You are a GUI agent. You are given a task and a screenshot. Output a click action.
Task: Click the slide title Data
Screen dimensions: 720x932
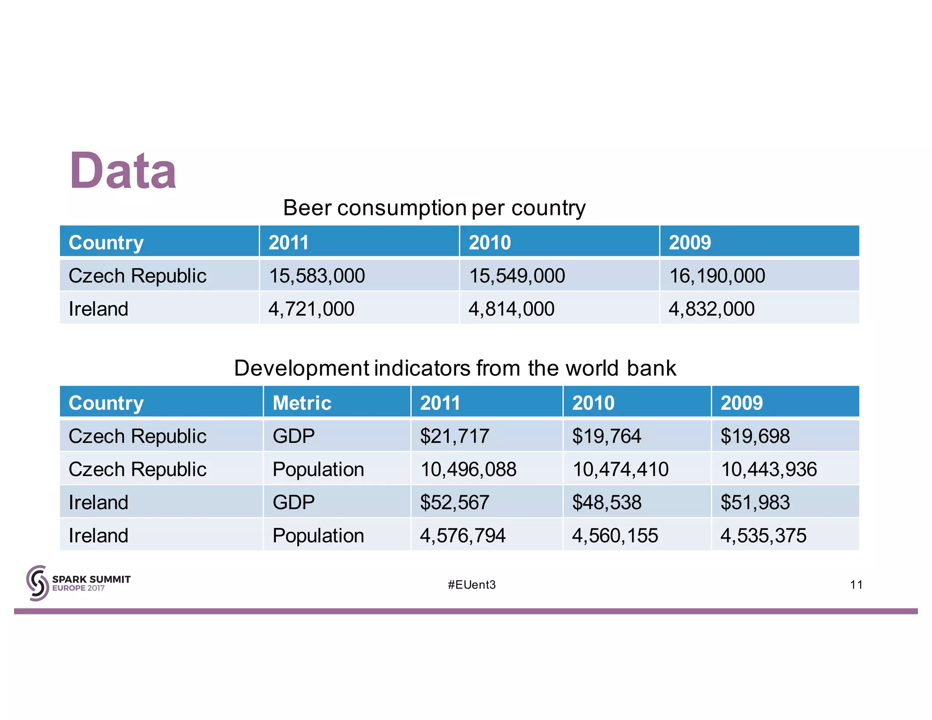[123, 171]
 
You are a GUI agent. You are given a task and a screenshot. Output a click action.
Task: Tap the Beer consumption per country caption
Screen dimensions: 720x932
[434, 208]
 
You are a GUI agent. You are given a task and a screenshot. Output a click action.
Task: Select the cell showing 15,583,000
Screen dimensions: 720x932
[317, 276]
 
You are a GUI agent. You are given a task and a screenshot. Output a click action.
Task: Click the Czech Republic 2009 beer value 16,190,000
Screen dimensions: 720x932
[717, 276]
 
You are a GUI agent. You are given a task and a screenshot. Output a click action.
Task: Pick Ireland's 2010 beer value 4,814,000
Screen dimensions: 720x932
[511, 309]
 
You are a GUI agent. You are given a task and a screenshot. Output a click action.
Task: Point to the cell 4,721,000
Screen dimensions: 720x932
[311, 309]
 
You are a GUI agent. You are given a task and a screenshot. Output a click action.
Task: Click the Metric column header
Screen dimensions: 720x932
[302, 403]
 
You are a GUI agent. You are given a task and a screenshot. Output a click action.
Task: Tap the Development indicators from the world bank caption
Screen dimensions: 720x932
[455, 368]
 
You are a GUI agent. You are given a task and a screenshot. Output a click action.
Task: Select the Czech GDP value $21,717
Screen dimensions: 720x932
[454, 436]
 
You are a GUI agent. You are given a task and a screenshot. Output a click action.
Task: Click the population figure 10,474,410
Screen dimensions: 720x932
[620, 469]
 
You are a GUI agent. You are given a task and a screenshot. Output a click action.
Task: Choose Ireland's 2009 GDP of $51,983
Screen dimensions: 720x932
[755, 502]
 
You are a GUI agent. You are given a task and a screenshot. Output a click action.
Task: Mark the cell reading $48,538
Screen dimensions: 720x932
[606, 502]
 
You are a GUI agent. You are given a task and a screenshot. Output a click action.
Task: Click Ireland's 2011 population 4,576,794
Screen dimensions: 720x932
[462, 536]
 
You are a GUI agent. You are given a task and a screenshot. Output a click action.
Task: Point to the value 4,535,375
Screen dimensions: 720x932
[763, 536]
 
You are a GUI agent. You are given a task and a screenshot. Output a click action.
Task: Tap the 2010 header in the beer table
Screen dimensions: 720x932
[490, 242]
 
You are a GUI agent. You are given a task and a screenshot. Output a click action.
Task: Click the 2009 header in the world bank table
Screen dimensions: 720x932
[741, 403]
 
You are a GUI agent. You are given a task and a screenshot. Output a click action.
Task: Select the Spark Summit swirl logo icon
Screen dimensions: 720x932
[37, 583]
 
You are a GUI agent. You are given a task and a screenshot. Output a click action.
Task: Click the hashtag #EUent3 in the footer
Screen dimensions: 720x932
[471, 585]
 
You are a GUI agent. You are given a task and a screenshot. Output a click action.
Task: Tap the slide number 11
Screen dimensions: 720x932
[856, 585]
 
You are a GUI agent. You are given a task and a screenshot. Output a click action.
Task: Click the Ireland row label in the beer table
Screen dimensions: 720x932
[98, 309]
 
